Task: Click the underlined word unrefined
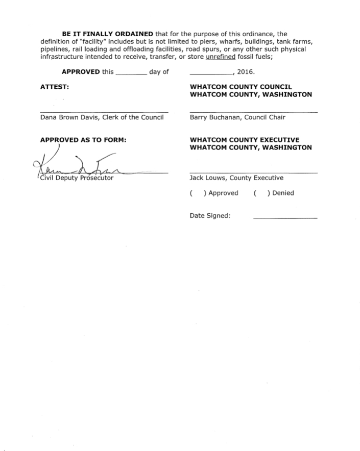[x=220, y=57]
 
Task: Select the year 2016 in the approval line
[x=246, y=72]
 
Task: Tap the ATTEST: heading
[x=55, y=87]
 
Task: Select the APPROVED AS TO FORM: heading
[x=83, y=140]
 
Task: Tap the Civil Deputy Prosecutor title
[x=76, y=178]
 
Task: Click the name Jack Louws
[x=208, y=178]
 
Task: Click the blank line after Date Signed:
[x=285, y=218]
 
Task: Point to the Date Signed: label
[x=210, y=216]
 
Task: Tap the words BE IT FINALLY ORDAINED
[x=107, y=34]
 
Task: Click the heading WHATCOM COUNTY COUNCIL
[x=241, y=87]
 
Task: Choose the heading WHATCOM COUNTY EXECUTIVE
[x=244, y=140]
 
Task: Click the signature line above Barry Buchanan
[x=253, y=112]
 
